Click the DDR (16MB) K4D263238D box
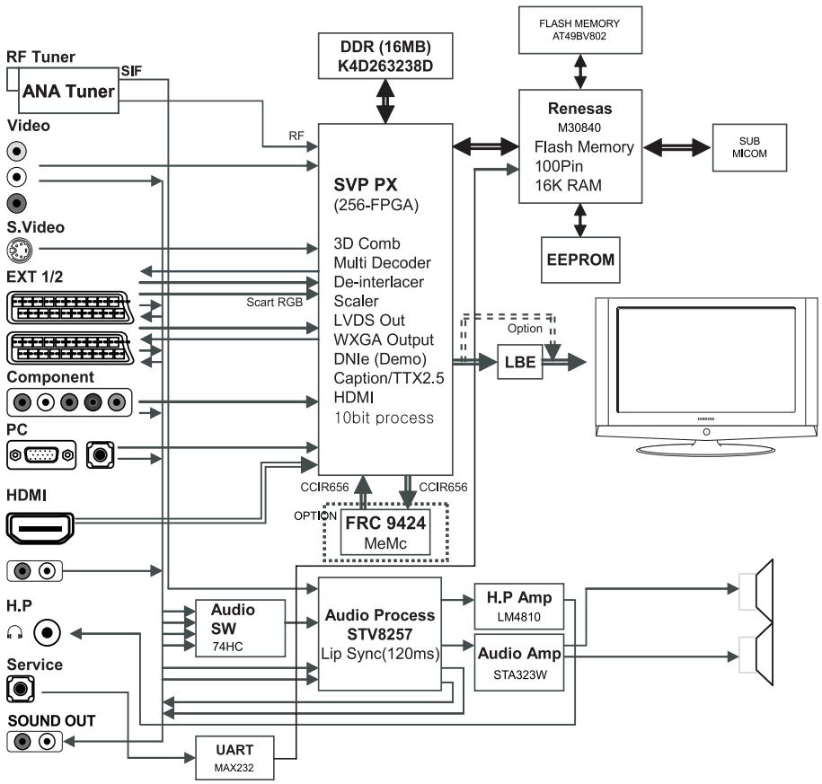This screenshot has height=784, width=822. (x=385, y=56)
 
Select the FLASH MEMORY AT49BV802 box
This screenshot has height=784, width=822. (x=580, y=30)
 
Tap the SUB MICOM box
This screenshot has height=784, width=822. (x=749, y=147)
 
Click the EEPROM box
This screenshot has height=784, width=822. (x=580, y=260)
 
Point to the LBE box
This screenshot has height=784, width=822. (x=519, y=362)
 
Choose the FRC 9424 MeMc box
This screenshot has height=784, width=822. (x=385, y=533)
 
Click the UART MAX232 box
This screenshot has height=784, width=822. (x=234, y=758)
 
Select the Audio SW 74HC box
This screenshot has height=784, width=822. (x=240, y=628)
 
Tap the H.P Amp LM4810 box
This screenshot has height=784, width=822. (x=519, y=606)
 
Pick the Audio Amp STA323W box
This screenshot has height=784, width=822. (x=519, y=663)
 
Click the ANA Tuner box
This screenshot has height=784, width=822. (x=68, y=90)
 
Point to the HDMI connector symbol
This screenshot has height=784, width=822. (x=40, y=528)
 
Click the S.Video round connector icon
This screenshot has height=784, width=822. (x=20, y=250)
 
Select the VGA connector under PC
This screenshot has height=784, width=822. (x=41, y=455)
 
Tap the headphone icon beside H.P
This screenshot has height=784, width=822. (x=14, y=632)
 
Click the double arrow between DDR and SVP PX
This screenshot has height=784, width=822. (x=385, y=101)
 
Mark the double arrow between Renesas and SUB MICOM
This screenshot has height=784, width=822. (x=677, y=148)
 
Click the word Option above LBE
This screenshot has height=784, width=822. (x=525, y=329)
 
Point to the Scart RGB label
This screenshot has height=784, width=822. (x=275, y=303)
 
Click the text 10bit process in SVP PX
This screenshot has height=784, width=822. (x=384, y=418)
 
